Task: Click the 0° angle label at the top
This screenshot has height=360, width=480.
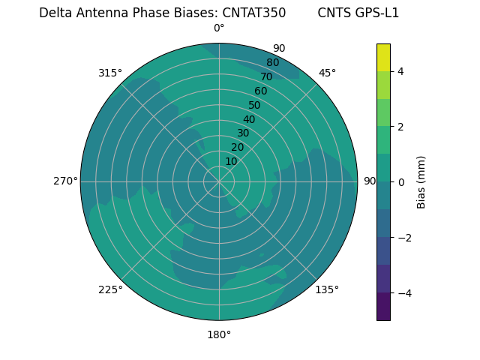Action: click(219, 28)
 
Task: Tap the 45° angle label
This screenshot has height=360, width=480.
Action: click(327, 73)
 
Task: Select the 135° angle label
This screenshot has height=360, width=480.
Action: click(327, 289)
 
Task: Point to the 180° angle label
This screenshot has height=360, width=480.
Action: click(219, 334)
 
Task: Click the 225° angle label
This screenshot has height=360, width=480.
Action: click(110, 289)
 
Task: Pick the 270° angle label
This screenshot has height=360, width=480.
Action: click(65, 181)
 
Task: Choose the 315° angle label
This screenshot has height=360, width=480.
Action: click(110, 73)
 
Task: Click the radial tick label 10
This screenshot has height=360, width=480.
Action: click(231, 161)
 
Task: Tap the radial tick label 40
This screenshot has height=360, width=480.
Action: click(249, 119)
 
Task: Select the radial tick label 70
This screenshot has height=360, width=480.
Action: click(266, 76)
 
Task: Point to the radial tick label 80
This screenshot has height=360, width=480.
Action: click(272, 62)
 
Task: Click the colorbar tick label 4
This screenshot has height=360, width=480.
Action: click(400, 71)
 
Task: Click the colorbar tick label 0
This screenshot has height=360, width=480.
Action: click(400, 181)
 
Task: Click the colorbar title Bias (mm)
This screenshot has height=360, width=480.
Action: click(421, 181)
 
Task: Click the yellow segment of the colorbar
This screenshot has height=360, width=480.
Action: click(383, 57)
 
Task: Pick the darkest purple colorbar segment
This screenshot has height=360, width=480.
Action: click(383, 307)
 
